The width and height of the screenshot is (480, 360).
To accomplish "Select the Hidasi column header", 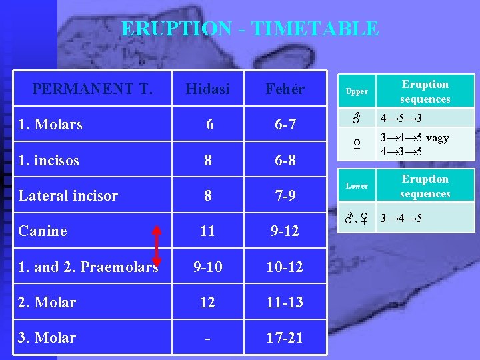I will click(207, 89).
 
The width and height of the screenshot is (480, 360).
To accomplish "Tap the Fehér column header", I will click(285, 89).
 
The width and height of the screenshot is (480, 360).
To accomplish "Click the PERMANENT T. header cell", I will click(93, 89).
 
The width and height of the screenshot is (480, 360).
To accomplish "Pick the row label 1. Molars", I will click(51, 124).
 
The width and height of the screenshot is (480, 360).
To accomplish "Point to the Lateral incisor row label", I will click(68, 195).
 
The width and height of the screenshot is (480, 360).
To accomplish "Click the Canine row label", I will click(43, 231).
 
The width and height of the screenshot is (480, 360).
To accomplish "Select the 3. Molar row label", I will click(47, 337).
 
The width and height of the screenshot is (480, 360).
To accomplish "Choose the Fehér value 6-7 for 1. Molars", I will click(285, 125).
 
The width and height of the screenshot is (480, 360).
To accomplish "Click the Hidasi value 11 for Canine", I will click(207, 231).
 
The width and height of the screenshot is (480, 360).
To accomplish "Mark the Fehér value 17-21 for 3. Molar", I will click(285, 338).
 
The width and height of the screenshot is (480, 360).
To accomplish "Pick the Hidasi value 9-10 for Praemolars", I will click(207, 267).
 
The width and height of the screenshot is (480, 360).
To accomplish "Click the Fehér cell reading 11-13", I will click(285, 302).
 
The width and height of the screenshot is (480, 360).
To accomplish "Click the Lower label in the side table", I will click(356, 186).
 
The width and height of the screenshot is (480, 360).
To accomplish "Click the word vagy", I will click(437, 138).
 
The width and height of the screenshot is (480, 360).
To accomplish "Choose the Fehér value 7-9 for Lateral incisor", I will click(285, 195).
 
